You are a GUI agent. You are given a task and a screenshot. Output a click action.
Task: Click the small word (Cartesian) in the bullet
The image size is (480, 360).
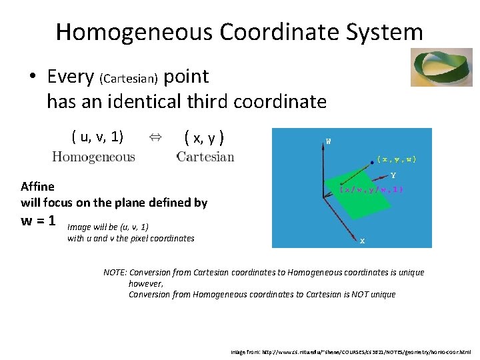click(x=128, y=79)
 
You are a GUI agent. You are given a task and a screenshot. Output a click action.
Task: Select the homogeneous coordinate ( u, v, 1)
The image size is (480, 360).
click(x=97, y=137)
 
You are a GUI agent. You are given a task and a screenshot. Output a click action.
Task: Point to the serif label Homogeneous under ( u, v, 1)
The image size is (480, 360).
click(x=93, y=157)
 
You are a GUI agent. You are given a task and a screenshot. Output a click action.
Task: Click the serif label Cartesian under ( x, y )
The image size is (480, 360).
click(x=205, y=157)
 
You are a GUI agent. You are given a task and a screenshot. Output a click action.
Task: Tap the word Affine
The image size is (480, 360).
click(x=38, y=186)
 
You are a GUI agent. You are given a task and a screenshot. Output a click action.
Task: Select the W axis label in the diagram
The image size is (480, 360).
click(x=328, y=141)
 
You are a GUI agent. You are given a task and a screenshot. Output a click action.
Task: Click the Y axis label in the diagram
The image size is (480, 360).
click(x=393, y=176)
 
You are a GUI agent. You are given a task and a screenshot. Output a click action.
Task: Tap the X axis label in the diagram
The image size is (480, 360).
click(x=362, y=241)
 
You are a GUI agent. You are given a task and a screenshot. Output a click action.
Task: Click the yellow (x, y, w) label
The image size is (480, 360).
click(x=397, y=159)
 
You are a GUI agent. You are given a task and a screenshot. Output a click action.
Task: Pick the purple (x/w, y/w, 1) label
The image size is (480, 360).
click(x=371, y=189)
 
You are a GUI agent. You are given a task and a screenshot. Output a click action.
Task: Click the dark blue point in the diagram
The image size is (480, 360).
click(x=371, y=160)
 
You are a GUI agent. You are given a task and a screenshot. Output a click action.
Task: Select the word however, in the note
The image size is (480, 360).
click(x=145, y=283)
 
